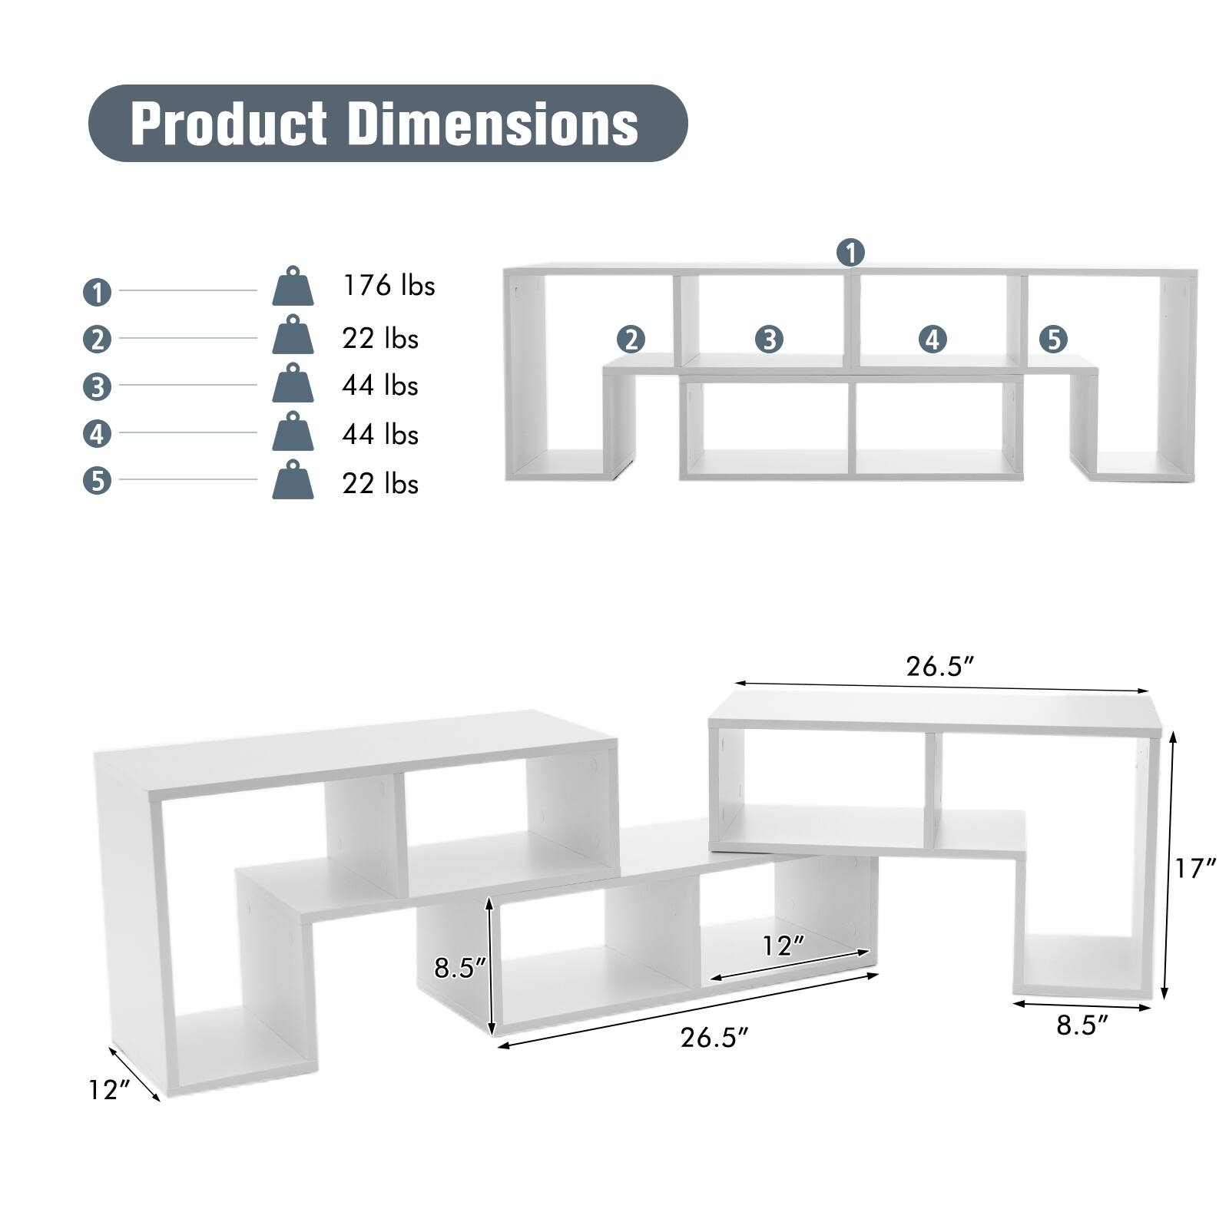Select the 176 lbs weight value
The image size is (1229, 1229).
click(389, 286)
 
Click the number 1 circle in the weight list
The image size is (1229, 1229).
click(98, 292)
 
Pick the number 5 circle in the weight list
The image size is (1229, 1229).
click(98, 482)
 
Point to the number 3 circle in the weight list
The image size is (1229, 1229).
click(98, 387)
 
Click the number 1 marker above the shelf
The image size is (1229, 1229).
click(850, 252)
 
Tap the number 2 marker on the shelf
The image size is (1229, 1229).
click(631, 339)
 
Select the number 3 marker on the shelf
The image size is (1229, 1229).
click(769, 339)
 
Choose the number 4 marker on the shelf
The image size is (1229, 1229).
click(933, 339)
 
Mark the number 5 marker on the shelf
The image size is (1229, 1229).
click(1053, 339)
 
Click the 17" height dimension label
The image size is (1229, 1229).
click(1195, 869)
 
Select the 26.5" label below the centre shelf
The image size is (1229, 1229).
click(714, 1038)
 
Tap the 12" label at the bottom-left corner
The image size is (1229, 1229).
click(109, 1089)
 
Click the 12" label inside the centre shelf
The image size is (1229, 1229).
click(783, 946)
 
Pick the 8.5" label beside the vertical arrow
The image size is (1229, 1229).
click(460, 969)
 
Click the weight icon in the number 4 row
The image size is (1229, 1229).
click(293, 432)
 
